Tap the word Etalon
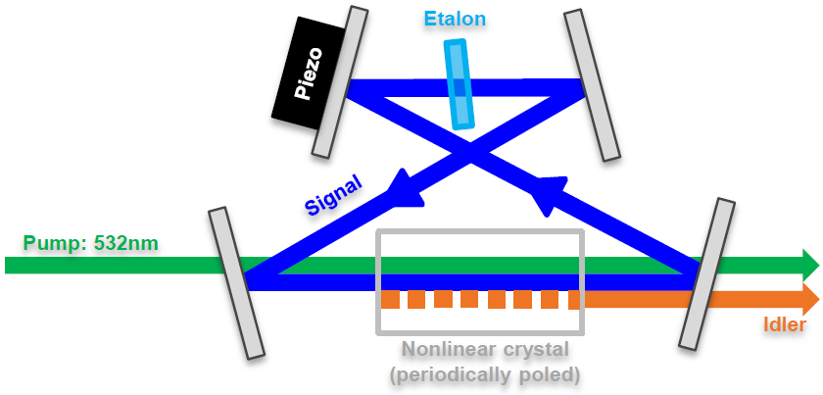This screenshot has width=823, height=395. coord(455,19)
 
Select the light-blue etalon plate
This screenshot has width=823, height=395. coord(460,83)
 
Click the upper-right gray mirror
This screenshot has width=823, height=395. coord(591,84)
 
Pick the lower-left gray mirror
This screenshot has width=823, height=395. coord(237,281)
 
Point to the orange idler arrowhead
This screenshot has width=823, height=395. coord(810,299)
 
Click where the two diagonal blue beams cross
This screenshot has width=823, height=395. coord(471,153)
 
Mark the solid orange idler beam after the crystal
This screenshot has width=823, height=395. coord(686,299)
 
